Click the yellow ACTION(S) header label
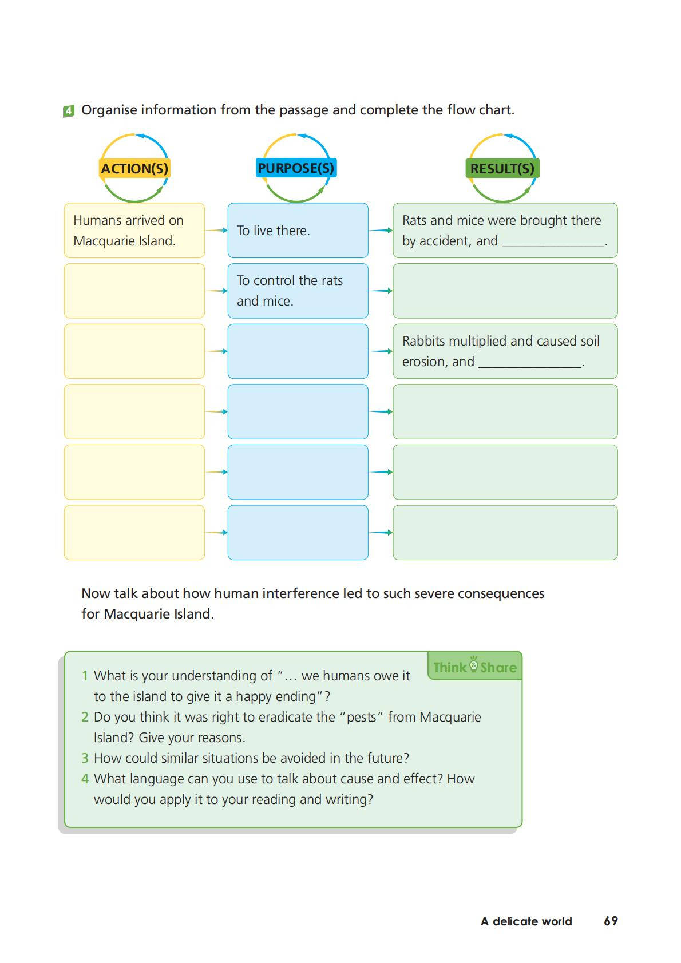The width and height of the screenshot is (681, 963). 134,169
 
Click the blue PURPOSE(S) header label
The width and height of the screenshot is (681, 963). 296,168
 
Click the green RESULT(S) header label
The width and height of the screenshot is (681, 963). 502,169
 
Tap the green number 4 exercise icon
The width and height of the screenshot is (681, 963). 69,111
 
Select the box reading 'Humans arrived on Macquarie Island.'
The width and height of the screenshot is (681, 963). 134,231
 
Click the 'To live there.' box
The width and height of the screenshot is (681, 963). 298,231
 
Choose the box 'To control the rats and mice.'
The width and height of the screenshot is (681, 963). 298,291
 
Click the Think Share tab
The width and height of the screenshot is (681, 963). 474,667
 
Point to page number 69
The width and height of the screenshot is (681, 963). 611,921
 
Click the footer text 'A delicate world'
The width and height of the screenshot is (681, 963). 526,921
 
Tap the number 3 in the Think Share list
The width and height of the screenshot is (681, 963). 85,758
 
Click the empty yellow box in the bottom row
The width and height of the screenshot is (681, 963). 134,533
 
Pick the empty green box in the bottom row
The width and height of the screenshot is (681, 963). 505,533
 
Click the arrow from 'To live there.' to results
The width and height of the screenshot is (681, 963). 381,231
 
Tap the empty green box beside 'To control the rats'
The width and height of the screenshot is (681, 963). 505,291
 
